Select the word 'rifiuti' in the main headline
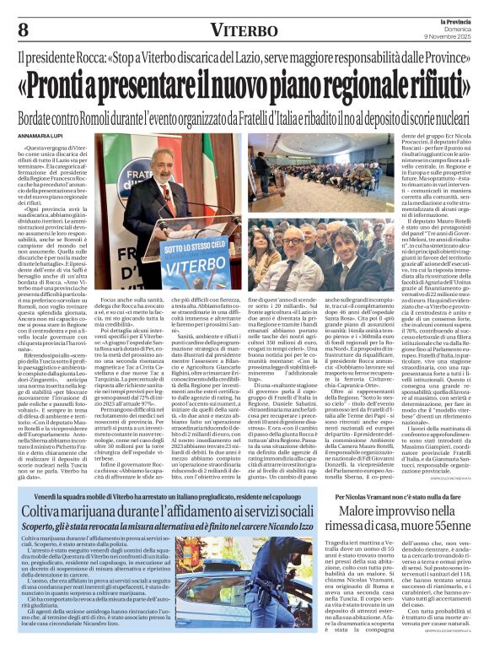(422, 87)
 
